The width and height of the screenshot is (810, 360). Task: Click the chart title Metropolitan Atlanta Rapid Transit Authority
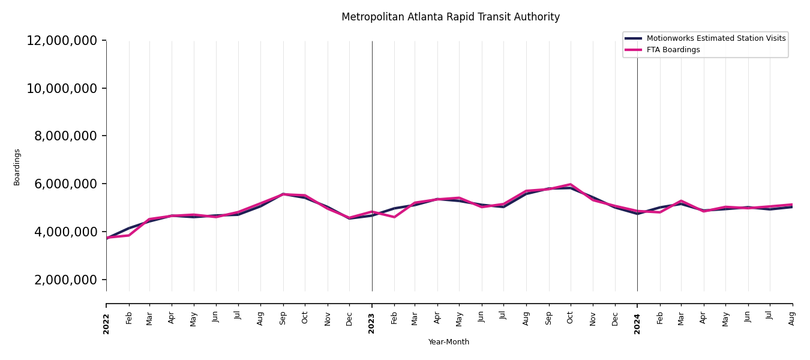pos(450,17)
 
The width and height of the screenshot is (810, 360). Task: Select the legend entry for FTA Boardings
pos(673,50)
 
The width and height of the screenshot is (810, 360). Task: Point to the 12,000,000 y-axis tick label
pos(62,41)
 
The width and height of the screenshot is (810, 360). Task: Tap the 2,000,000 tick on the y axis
pos(66,280)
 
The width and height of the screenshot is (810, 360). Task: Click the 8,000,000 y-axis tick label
pos(66,136)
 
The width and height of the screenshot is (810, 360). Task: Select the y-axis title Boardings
pos(17,167)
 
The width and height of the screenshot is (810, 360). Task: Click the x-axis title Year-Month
pos(449,342)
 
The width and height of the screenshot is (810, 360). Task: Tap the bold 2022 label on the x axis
pos(106,323)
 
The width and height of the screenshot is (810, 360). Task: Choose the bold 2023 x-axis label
pos(372,323)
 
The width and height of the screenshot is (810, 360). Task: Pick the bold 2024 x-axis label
pos(637,323)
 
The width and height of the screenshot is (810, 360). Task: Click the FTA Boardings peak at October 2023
pos(571,184)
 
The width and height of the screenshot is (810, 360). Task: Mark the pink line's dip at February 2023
pos(394,217)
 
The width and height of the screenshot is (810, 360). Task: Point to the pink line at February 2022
pos(129,235)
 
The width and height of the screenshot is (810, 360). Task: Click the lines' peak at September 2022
pos(283,194)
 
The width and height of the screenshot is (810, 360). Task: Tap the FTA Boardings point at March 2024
pos(681,201)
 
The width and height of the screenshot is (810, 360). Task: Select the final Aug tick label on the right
pos(792,318)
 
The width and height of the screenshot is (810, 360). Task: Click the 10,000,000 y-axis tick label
pos(62,89)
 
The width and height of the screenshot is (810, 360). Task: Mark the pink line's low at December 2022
pos(350,218)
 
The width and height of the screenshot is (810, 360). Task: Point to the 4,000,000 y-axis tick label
pos(66,232)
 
